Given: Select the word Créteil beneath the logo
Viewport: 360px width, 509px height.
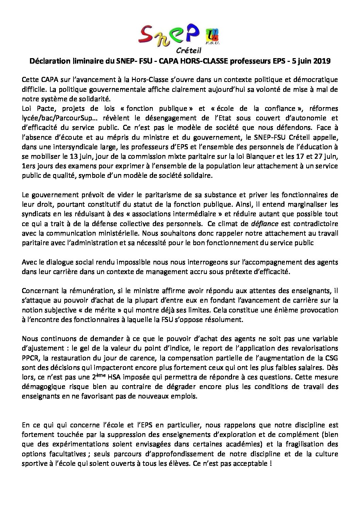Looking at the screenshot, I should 187,51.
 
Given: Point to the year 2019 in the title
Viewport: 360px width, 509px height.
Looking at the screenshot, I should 322,62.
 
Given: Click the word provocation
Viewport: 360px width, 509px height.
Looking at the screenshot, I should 316,310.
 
